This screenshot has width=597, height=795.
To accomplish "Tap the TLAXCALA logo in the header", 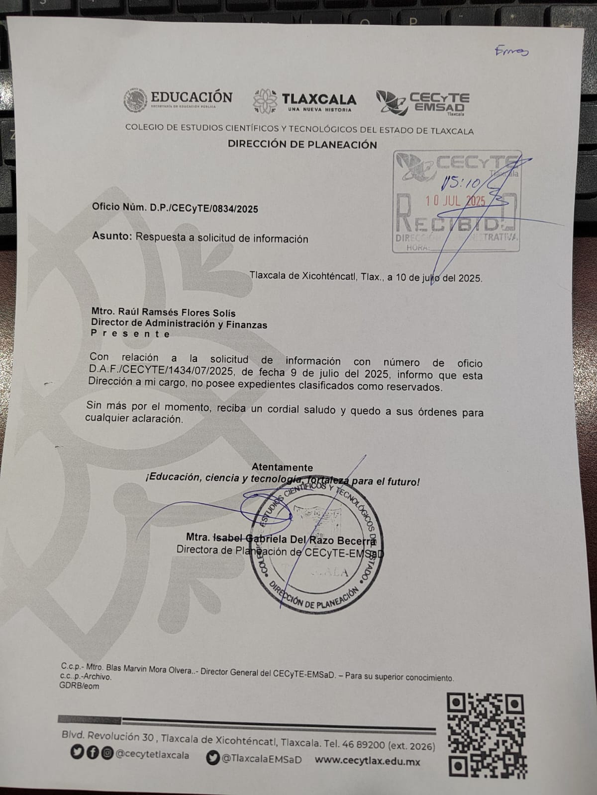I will coord(305,101).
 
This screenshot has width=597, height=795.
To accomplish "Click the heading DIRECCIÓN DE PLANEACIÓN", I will coord(302,145).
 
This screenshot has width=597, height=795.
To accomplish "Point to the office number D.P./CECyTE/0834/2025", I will coord(204,209).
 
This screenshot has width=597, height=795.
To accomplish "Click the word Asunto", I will coord(111,237).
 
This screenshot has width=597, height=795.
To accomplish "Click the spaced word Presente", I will coord(130,334).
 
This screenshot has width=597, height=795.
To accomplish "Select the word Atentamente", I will coord(282,467).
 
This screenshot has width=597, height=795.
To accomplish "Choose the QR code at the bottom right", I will coord(487,734).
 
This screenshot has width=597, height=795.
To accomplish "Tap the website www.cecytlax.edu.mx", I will coord(368,761).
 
